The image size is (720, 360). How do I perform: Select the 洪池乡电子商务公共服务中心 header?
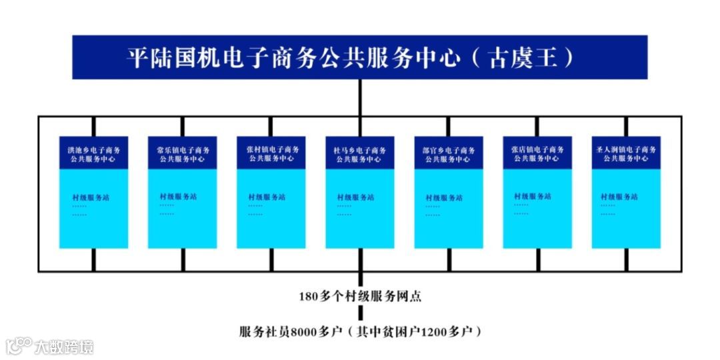coord(93,154)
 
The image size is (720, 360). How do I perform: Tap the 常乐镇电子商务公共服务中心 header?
coord(182,154)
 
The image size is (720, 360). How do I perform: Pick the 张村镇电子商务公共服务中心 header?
coord(271,154)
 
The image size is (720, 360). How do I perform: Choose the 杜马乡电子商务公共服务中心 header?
coord(359,154)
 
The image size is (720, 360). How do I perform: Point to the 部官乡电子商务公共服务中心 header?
coord(449,154)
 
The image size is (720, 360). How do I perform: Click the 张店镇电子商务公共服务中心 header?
coord(537,154)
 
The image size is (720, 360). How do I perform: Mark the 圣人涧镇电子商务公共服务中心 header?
coord(626,154)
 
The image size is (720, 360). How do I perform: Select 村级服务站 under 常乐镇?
coord(178,197)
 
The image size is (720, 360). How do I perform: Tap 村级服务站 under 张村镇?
coord(267,197)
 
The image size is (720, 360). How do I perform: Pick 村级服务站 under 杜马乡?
coord(355,197)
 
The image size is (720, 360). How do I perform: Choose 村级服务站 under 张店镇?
coord(532,197)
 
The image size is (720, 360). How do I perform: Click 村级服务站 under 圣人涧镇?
coord(619,197)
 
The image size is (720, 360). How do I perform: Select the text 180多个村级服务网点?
coord(360,297)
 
